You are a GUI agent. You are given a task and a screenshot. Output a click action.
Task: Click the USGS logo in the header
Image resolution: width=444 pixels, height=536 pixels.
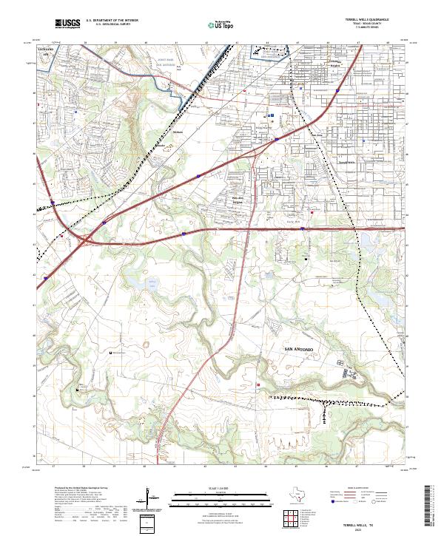(67, 24)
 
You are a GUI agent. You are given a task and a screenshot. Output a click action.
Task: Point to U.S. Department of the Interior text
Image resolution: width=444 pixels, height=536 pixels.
(112, 21)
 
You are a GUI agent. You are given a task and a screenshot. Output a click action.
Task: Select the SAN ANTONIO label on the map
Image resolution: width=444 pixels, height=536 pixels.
(300, 347)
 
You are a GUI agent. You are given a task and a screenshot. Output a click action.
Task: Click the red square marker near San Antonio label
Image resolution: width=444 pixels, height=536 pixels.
(258, 384)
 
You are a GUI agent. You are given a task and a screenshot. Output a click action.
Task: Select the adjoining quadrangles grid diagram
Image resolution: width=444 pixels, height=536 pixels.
(293, 519)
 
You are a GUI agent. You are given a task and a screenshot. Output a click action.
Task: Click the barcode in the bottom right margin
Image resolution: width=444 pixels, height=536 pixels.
(434, 503)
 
